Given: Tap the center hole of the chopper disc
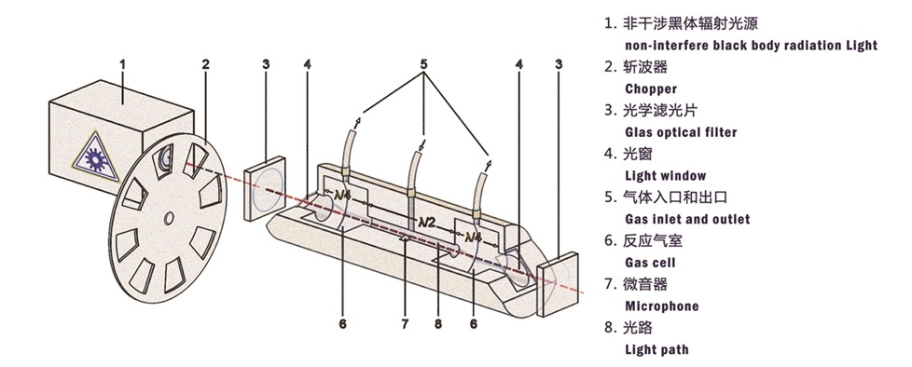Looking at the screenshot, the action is tap(169, 218).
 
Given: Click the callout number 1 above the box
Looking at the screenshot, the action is tap(123, 64).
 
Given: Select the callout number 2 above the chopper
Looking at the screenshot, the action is tap(206, 64).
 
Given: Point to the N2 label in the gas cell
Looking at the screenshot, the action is tap(428, 222).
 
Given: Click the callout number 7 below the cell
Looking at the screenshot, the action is tap(405, 323).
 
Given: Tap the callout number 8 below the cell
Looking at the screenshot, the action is tap(438, 323).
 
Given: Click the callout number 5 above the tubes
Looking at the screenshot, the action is tap(424, 64).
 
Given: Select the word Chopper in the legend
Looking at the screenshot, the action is tap(651, 88).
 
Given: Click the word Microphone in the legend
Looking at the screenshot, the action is tap(662, 306).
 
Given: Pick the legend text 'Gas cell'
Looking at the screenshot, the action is tap(650, 263).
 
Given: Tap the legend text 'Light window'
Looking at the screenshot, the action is tap(666, 175).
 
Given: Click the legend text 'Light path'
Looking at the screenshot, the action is tap(656, 349).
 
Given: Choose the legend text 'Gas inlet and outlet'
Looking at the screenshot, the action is tap(687, 219).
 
